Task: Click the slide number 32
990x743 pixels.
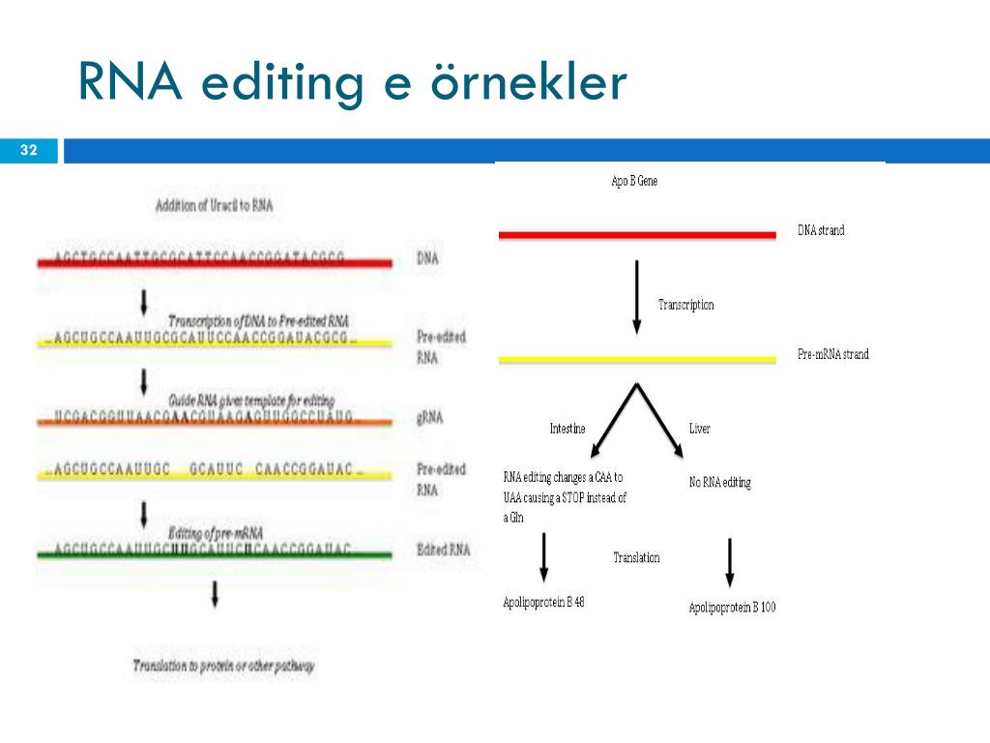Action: tap(28, 150)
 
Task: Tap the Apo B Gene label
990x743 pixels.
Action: tap(634, 181)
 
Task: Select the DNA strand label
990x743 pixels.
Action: tap(821, 230)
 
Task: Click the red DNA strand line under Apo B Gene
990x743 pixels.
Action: tap(636, 234)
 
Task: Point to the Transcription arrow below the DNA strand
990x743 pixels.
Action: tap(636, 295)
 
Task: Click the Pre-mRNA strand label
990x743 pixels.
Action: tap(832, 354)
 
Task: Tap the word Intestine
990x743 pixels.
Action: tap(568, 429)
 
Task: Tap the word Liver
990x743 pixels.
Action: tap(699, 429)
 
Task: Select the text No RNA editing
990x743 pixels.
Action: tap(719, 482)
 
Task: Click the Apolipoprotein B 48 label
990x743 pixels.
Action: tap(543, 602)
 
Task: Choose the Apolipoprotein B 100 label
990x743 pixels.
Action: tap(732, 608)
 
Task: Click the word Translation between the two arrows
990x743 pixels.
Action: tap(636, 558)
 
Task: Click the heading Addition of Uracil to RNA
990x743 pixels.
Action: tap(214, 206)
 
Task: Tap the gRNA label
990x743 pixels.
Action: tap(430, 419)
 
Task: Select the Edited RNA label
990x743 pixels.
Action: tap(443, 550)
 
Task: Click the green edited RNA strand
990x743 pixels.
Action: tap(214, 554)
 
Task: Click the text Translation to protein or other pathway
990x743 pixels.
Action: tap(224, 666)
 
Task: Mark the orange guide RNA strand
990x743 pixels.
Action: tap(214, 421)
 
